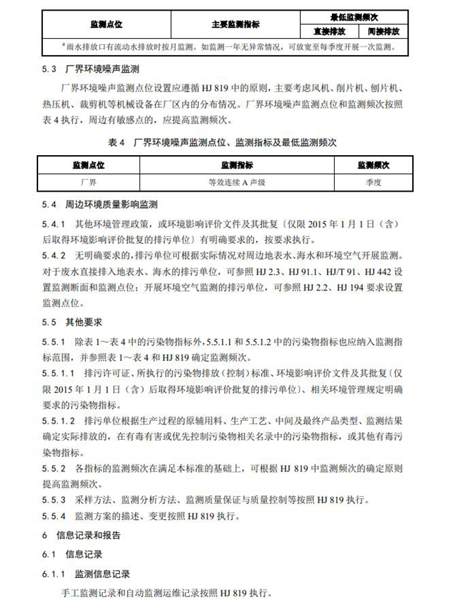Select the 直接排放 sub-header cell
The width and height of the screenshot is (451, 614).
click(x=329, y=32)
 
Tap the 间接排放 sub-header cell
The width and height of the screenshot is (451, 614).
click(x=383, y=32)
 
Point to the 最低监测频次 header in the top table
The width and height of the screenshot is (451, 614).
click(x=356, y=16)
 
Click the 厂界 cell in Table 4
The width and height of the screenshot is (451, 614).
click(x=89, y=182)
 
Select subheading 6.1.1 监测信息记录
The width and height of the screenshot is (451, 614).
click(x=88, y=574)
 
